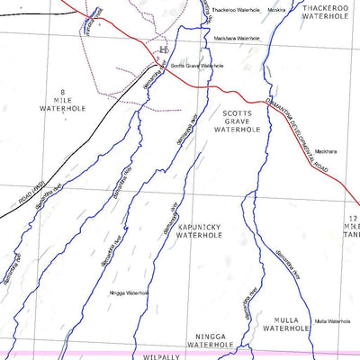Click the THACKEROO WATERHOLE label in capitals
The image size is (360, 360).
(x=326, y=12)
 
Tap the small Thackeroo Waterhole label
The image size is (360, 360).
(x=236, y=10)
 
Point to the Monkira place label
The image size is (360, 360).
(x=276, y=10)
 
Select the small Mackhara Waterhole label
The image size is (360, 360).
(x=237, y=39)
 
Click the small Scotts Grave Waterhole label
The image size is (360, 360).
(x=197, y=66)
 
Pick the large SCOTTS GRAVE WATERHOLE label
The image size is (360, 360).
(x=238, y=121)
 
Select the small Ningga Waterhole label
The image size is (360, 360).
(x=128, y=292)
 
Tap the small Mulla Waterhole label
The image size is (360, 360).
(x=332, y=321)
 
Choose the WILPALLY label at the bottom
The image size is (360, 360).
(x=162, y=356)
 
